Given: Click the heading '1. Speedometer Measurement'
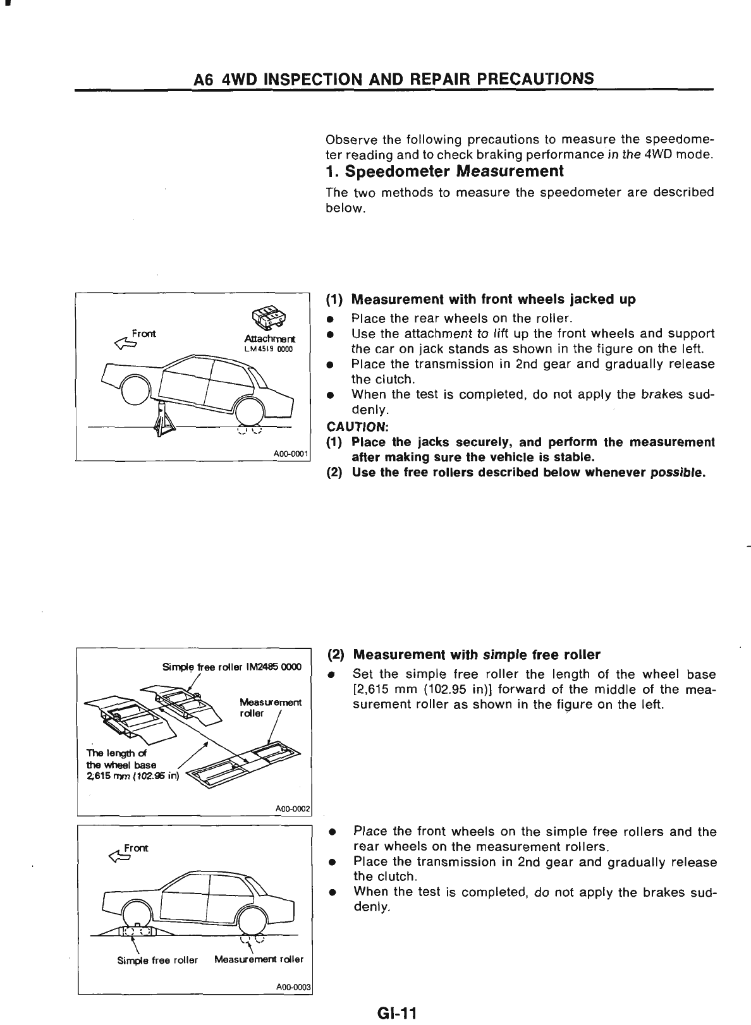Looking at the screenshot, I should point(444,171).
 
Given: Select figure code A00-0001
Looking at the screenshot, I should point(290,453).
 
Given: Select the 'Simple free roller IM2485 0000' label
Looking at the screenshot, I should point(231,667).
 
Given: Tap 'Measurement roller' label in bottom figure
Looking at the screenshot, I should point(259,959).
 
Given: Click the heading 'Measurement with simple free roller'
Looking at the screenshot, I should point(477,654).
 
